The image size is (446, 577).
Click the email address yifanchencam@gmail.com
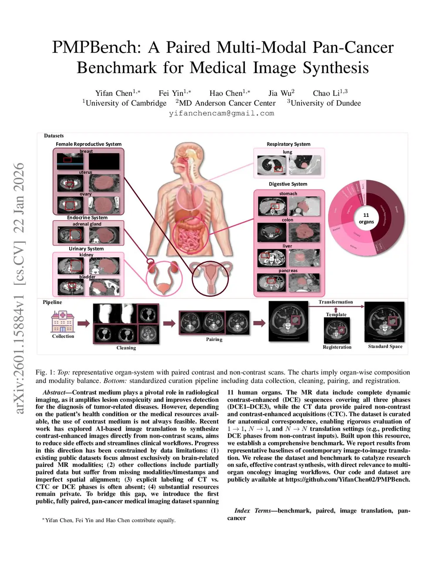click(x=221, y=113)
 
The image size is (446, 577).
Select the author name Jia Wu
click(x=281, y=93)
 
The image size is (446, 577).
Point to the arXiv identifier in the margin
click(x=19, y=287)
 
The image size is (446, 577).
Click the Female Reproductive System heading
click(x=88, y=144)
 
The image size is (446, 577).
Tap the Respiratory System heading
click(x=288, y=144)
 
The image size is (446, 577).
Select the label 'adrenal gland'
click(x=87, y=224)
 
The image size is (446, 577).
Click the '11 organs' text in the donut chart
click(x=366, y=218)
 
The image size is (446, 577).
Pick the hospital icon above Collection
click(x=63, y=321)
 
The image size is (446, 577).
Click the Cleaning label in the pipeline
click(x=126, y=348)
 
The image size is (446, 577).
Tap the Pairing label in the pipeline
click(x=214, y=339)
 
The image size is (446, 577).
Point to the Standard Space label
click(x=385, y=347)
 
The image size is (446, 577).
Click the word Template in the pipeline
click(x=336, y=314)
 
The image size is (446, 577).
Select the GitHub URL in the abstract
click(x=348, y=479)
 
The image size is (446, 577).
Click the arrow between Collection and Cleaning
click(x=84, y=323)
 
